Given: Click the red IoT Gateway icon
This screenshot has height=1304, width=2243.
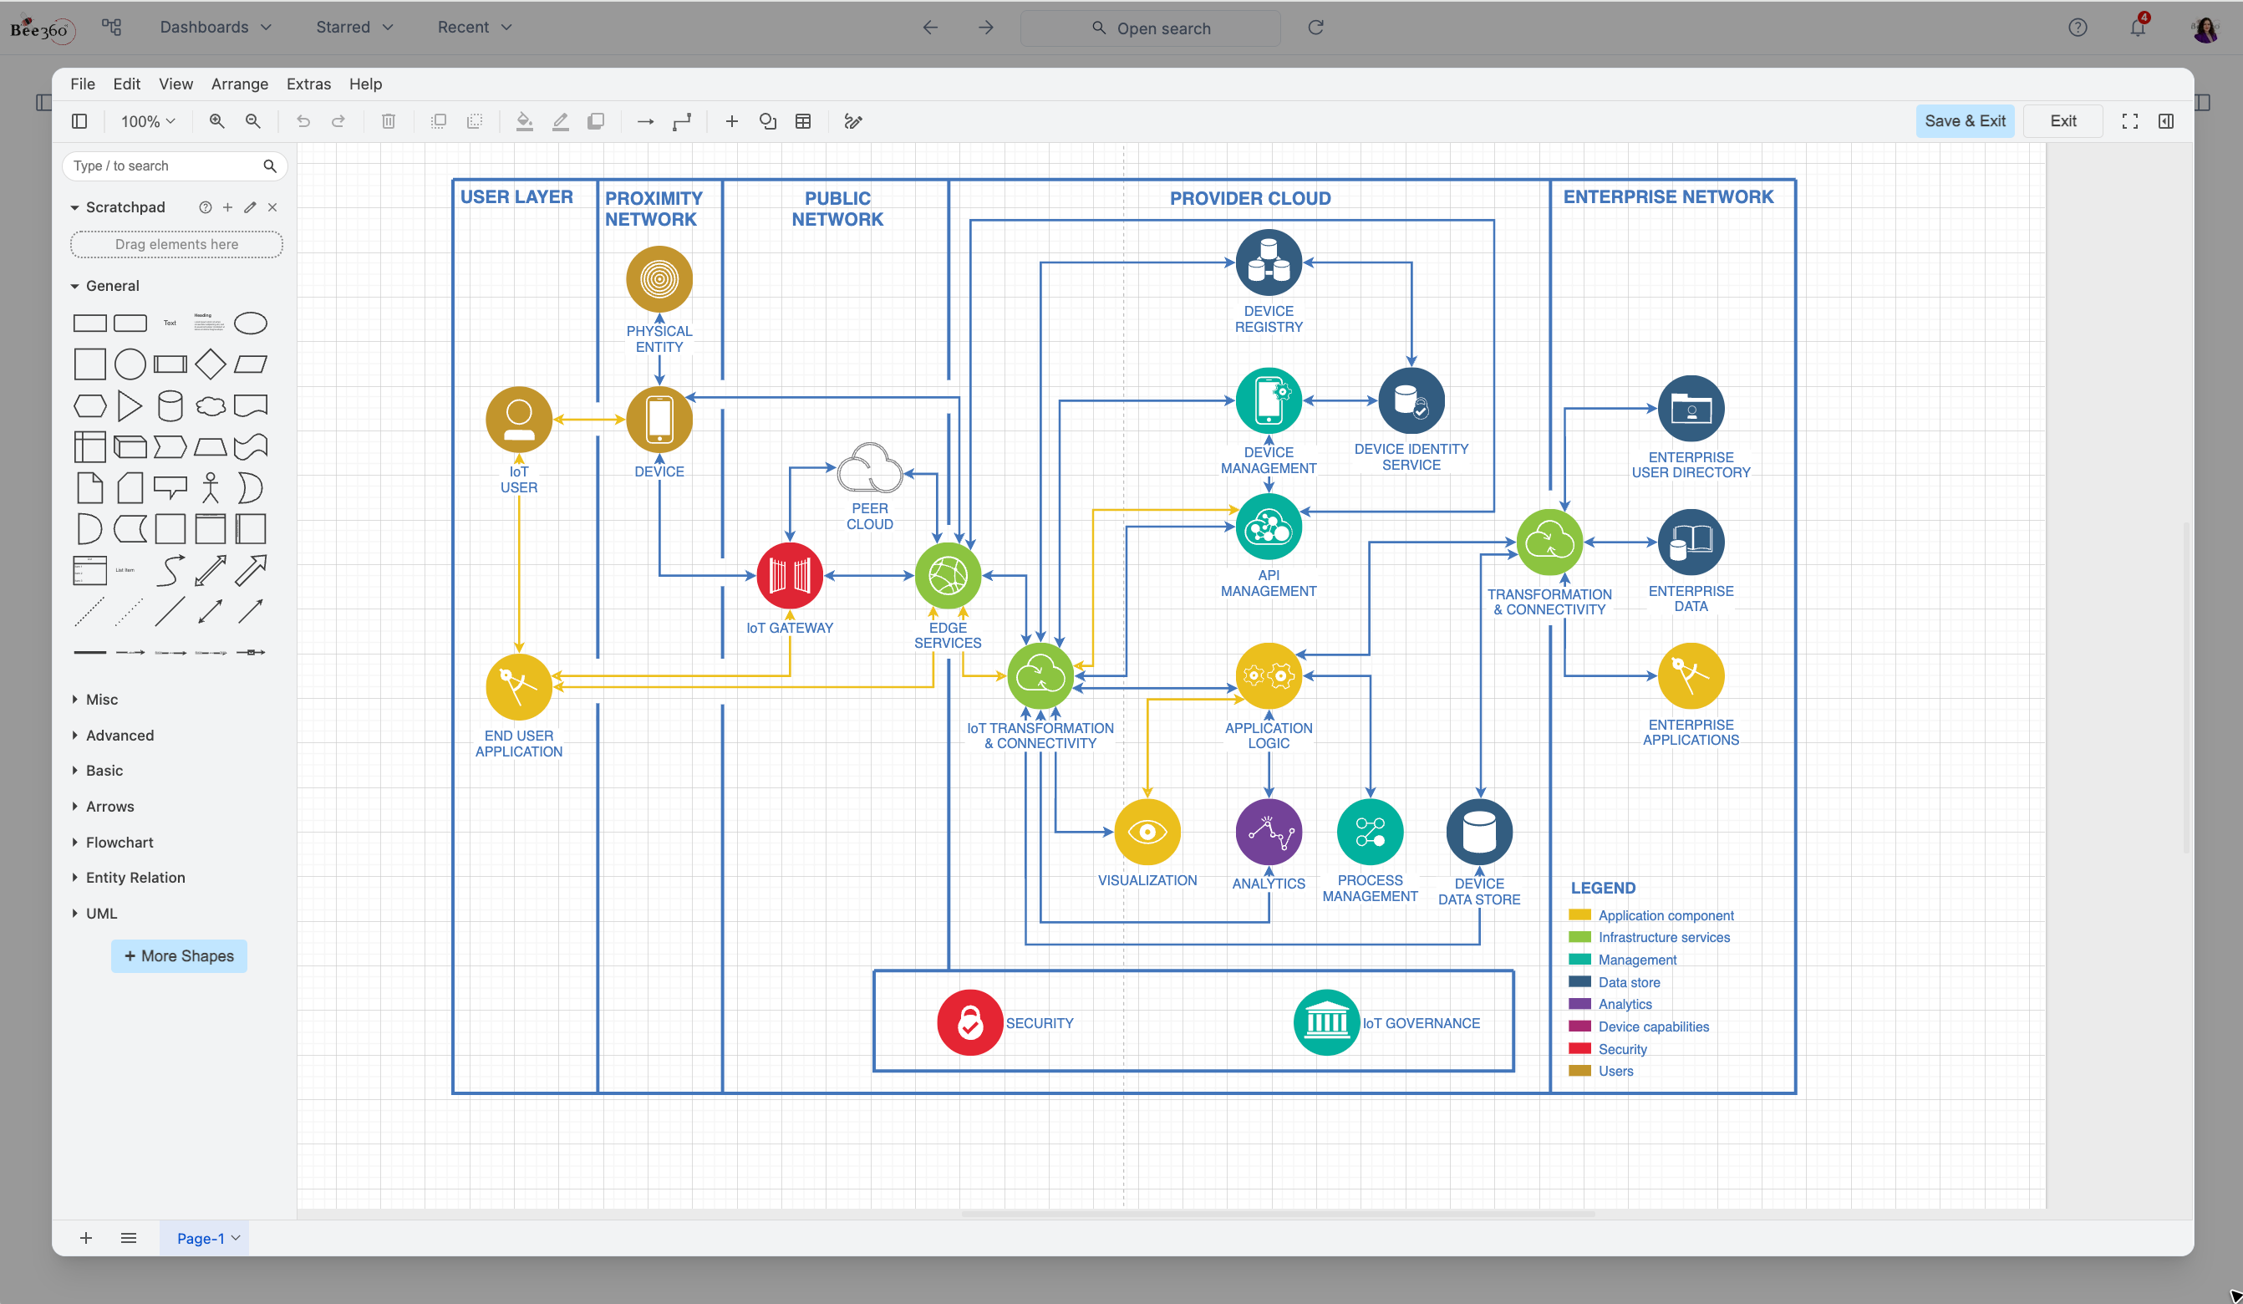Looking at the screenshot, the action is point(790,576).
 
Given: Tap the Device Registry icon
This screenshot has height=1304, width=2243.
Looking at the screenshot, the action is point(1269,262).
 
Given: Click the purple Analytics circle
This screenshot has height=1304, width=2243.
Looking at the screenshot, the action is point(1269,833).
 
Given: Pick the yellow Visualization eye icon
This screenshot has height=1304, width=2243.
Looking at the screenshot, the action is point(1147,833).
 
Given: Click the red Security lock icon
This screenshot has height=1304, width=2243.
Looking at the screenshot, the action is point(969,1023).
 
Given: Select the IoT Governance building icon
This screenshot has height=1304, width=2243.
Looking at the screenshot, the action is point(1325,1023).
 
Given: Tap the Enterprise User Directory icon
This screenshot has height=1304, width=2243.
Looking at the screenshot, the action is point(1691,409).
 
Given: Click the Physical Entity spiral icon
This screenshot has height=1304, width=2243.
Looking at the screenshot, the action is point(659,279).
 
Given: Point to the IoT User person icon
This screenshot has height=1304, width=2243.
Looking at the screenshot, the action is point(519,420).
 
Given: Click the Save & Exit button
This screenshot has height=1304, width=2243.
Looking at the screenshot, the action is point(1965,121).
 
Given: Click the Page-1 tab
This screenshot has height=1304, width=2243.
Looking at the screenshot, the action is point(201,1238).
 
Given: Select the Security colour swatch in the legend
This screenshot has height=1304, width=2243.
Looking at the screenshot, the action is point(1579,1048).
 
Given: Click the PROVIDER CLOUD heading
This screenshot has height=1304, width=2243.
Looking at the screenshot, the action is point(1249,198).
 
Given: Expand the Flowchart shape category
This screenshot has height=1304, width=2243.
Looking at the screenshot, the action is point(120,842).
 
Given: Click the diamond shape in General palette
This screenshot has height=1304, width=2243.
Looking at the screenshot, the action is point(210,364).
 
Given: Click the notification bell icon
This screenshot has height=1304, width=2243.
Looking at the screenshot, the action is point(2137,28).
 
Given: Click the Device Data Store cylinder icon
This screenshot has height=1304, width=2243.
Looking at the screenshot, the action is point(1478,833).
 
